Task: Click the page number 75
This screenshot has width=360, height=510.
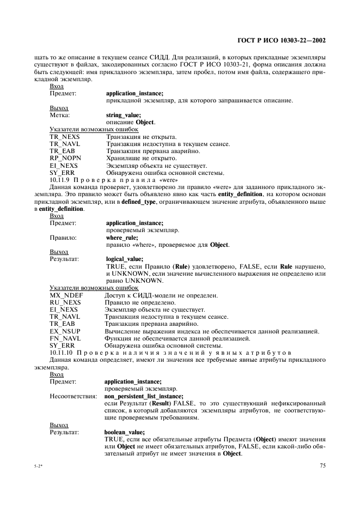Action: pos(322,465)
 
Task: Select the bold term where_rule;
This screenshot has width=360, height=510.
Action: pos(121,238)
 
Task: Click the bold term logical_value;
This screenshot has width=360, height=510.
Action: pos(125,259)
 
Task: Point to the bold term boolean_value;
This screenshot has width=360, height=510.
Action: pos(125,432)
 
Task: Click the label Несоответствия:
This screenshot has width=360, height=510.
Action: pos(73,396)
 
